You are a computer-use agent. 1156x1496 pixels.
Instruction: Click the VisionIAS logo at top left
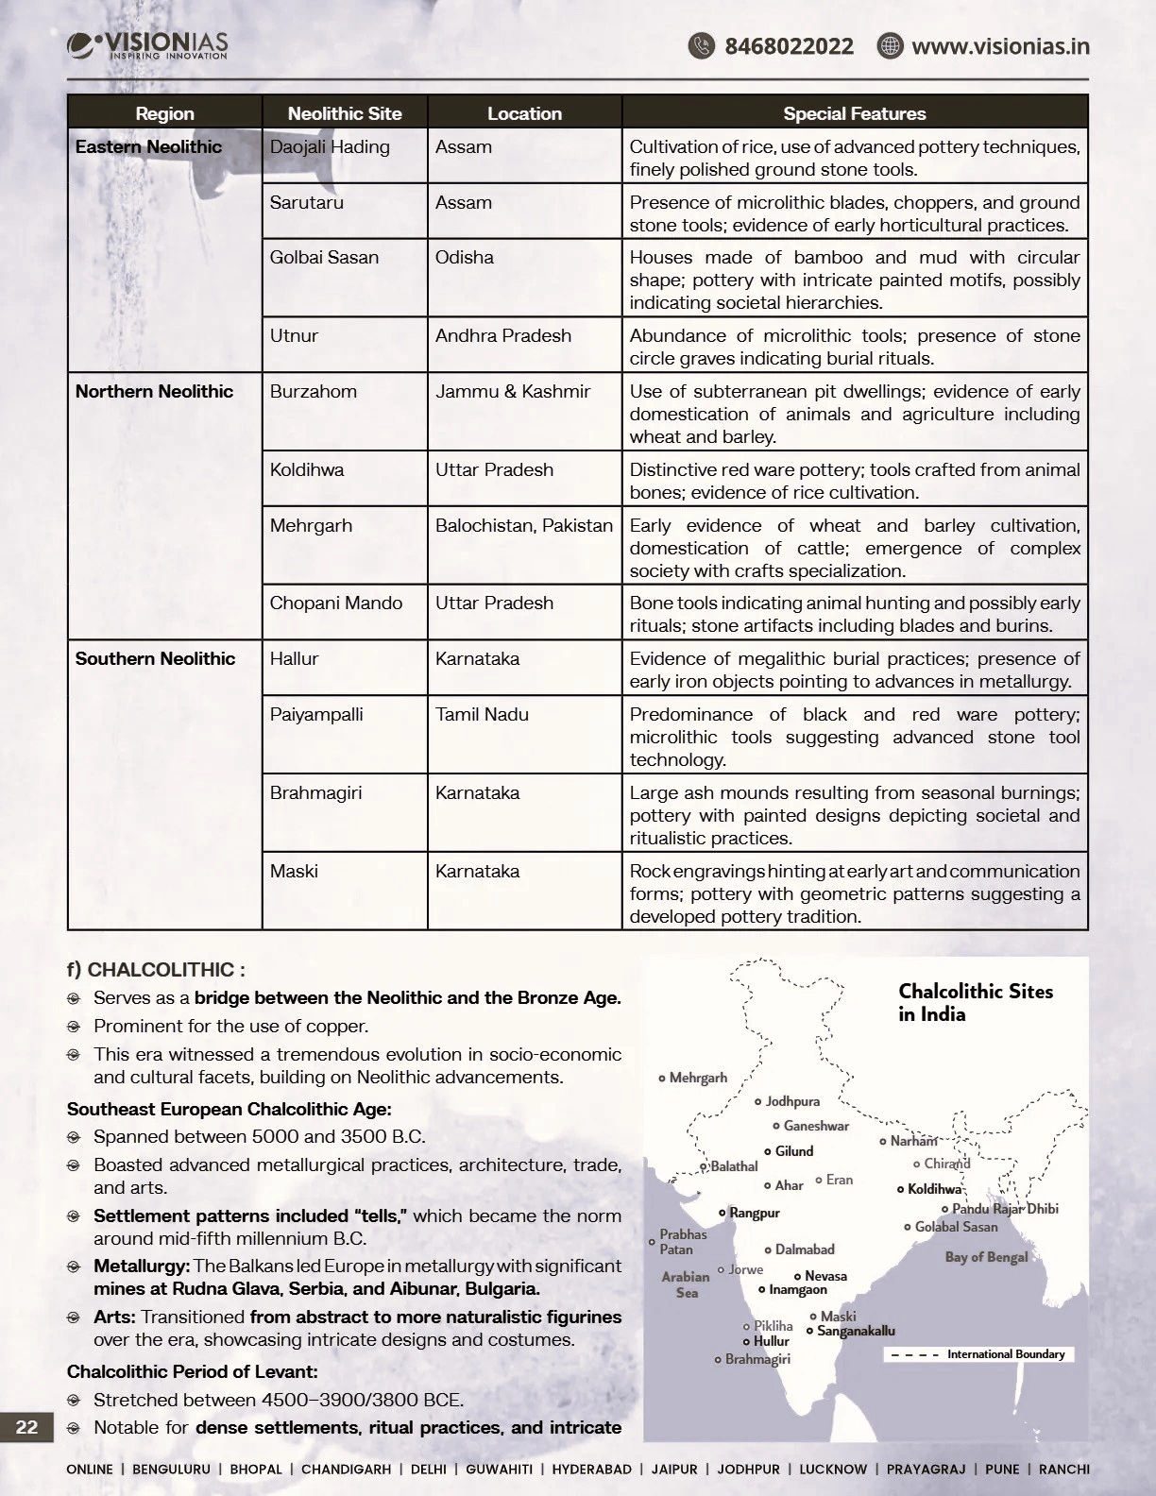click(147, 45)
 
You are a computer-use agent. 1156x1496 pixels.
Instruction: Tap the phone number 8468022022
click(788, 46)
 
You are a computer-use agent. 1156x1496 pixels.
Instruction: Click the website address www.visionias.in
click(999, 46)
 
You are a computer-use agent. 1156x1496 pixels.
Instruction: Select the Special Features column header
click(854, 113)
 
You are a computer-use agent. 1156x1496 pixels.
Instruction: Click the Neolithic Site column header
click(345, 113)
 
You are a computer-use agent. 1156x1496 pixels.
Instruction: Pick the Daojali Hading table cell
click(330, 147)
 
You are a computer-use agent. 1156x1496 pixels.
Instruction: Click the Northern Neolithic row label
click(154, 392)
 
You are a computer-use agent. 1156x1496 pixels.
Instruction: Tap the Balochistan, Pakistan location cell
click(523, 526)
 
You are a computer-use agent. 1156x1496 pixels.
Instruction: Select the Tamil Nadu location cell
click(482, 715)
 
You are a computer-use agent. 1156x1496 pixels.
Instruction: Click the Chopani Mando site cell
click(335, 603)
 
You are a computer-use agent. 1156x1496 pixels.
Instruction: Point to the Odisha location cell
click(464, 258)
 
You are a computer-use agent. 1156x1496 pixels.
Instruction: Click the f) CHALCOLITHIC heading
click(156, 970)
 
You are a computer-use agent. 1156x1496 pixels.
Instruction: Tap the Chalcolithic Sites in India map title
click(975, 1002)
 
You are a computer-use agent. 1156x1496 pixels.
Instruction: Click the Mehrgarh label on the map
click(697, 1078)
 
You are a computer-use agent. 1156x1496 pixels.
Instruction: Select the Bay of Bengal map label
click(986, 1257)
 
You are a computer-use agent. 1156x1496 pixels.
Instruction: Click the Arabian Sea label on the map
click(686, 1284)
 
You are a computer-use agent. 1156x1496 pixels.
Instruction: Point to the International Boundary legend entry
click(1005, 1354)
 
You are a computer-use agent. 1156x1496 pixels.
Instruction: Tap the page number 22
click(26, 1427)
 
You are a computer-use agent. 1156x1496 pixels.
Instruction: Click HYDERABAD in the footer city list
click(591, 1470)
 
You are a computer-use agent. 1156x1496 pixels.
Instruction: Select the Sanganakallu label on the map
click(855, 1332)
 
